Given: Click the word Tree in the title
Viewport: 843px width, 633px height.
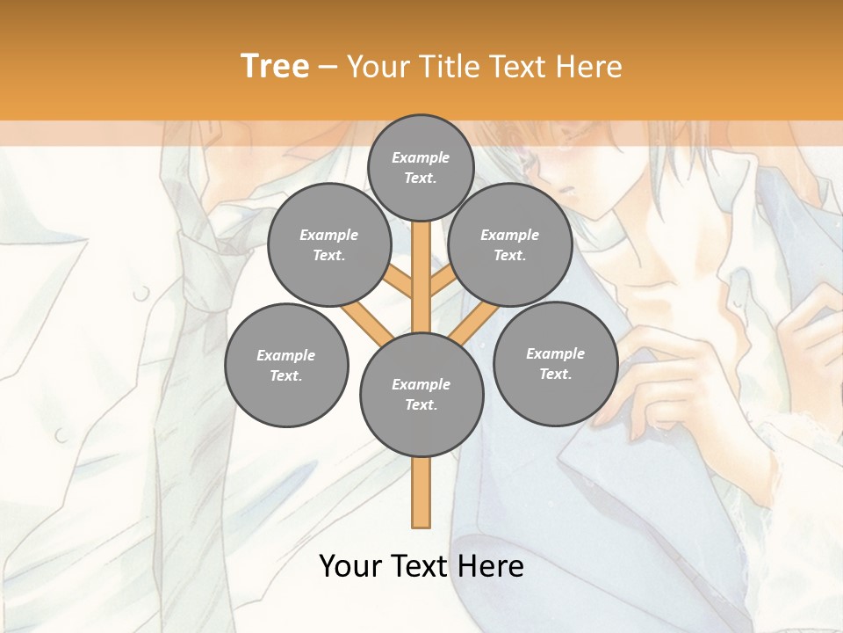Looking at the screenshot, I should point(275,66).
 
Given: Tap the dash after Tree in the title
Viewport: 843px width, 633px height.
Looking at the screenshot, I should point(328,68).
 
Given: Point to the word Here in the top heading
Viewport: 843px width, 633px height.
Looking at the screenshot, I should point(589,66).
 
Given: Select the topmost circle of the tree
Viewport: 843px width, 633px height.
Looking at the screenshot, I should point(421,167).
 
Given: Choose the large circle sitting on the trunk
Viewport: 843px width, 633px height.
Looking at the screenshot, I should point(421,395).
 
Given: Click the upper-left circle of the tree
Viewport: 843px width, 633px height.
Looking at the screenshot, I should point(328,244).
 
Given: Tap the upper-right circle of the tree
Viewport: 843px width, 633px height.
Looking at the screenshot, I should point(509,244).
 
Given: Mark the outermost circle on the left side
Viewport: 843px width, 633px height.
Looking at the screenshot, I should point(286,365).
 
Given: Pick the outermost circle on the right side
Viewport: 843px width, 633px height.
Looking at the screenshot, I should point(555,363).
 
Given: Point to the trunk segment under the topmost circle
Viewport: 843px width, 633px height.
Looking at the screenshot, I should point(421,264).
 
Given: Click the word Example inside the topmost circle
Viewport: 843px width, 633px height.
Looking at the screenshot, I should point(421,157).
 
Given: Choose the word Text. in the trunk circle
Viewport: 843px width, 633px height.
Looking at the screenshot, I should point(421,405).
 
